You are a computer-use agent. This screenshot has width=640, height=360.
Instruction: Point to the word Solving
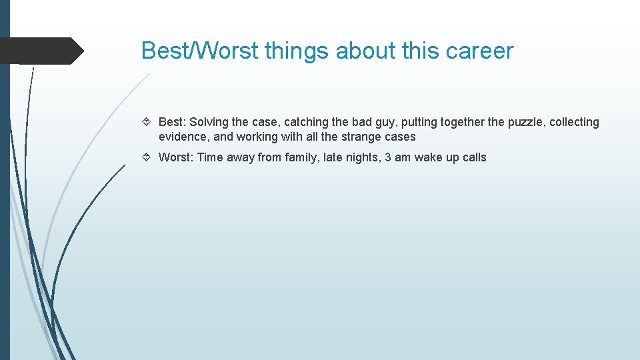[x=209, y=122]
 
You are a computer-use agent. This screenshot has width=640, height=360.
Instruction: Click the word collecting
[x=574, y=122]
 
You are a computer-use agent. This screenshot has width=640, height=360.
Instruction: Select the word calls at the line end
[x=475, y=157]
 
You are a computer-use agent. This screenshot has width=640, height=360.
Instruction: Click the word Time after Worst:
[x=211, y=157]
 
